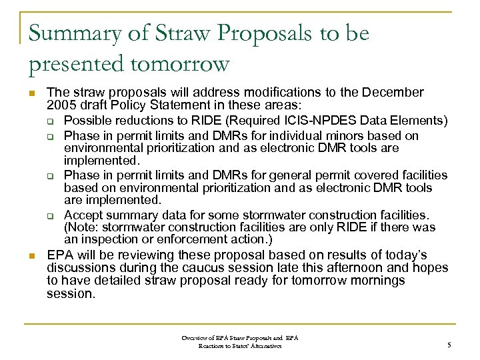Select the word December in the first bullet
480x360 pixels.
click(392, 92)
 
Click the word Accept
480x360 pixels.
click(83, 215)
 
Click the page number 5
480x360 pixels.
click(449, 345)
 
